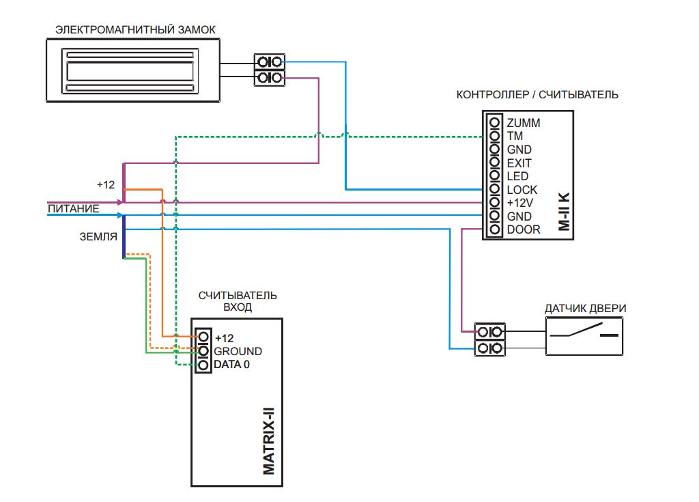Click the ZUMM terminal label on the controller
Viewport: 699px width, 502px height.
[524, 123]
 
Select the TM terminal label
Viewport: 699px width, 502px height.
[515, 136]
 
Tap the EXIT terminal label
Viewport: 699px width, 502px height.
[519, 163]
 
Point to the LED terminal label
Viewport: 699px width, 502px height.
[517, 176]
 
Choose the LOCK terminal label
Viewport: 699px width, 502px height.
[522, 190]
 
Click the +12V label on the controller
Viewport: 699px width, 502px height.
[519, 203]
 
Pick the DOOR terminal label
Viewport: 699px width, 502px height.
[524, 229]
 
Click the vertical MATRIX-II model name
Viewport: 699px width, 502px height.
[269, 441]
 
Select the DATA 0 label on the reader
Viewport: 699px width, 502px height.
[232, 365]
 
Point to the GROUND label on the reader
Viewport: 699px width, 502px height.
[238, 351]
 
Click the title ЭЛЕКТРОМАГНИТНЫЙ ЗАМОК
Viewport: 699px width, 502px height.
[136, 30]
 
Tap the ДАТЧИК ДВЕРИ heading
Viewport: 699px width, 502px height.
[585, 308]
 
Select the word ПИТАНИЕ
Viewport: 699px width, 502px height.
[74, 209]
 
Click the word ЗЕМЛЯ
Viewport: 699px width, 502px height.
[98, 236]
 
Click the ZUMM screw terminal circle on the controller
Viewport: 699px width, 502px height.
[494, 122]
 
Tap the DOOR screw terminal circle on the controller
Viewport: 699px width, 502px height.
[494, 229]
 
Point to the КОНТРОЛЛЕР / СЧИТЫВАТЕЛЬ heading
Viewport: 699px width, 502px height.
[537, 95]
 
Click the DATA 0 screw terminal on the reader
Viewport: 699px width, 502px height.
[203, 365]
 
